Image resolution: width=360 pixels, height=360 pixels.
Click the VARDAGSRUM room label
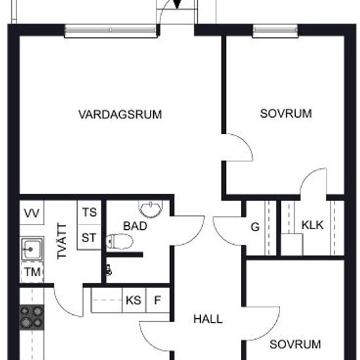pyautogui.click(x=120, y=115)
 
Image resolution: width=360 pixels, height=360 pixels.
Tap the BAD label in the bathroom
pyautogui.click(x=135, y=226)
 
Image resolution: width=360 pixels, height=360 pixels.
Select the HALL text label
pyautogui.click(x=208, y=319)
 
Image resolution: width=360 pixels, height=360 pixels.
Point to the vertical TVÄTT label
pyautogui.click(x=62, y=242)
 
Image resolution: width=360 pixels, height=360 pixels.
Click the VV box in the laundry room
pyautogui.click(x=31, y=213)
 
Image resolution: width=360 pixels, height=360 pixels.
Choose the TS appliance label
pyautogui.click(x=90, y=212)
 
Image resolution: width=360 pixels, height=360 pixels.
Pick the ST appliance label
pyautogui.click(x=89, y=238)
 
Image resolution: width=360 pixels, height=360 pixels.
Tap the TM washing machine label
pyautogui.click(x=33, y=272)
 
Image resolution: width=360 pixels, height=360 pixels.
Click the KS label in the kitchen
pyautogui.click(x=134, y=300)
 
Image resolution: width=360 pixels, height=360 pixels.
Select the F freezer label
pyautogui.click(x=158, y=300)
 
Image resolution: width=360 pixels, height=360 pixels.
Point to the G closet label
pyautogui.click(x=255, y=227)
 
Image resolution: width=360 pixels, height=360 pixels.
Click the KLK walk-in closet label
pyautogui.click(x=312, y=225)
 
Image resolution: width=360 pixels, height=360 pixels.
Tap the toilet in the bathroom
pyautogui.click(x=120, y=242)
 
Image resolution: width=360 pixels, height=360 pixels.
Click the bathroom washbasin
pyautogui.click(x=151, y=209)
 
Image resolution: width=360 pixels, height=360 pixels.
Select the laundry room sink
pyautogui.click(x=31, y=249)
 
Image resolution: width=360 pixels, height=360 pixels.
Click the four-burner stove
pyautogui.click(x=31, y=317)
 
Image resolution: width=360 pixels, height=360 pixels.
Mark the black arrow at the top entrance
pyautogui.click(x=177, y=5)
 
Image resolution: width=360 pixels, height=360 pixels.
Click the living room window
pyautogui.click(x=111, y=31)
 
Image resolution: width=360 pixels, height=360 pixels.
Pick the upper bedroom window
pyautogui.click(x=276, y=31)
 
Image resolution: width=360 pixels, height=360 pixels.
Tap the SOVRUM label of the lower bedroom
pyautogui.click(x=295, y=344)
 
